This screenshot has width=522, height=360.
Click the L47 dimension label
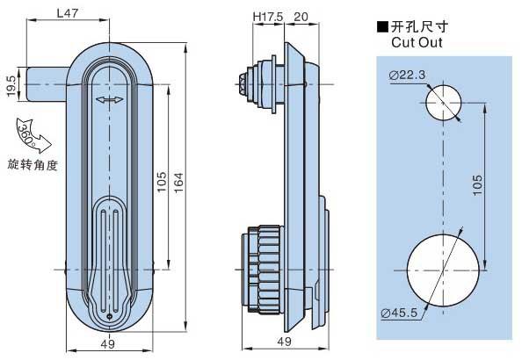(68, 13)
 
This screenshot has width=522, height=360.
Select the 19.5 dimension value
(11, 86)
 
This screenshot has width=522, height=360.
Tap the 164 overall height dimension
(178, 183)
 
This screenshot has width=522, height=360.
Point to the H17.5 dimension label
(268, 17)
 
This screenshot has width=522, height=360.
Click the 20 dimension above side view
(301, 17)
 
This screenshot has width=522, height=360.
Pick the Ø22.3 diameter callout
(407, 75)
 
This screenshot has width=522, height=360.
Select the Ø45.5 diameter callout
(399, 313)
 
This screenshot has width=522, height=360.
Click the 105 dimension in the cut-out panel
(477, 185)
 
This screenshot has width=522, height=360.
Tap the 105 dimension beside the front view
(162, 182)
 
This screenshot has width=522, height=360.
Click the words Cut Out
(417, 43)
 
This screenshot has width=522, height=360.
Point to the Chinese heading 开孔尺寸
(420, 26)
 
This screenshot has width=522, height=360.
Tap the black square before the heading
(382, 27)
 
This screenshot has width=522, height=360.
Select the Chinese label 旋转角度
(33, 165)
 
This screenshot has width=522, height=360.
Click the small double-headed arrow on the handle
(109, 99)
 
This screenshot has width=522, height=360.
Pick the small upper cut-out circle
(443, 103)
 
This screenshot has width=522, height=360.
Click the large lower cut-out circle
(443, 270)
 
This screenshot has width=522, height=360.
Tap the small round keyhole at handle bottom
(110, 317)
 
